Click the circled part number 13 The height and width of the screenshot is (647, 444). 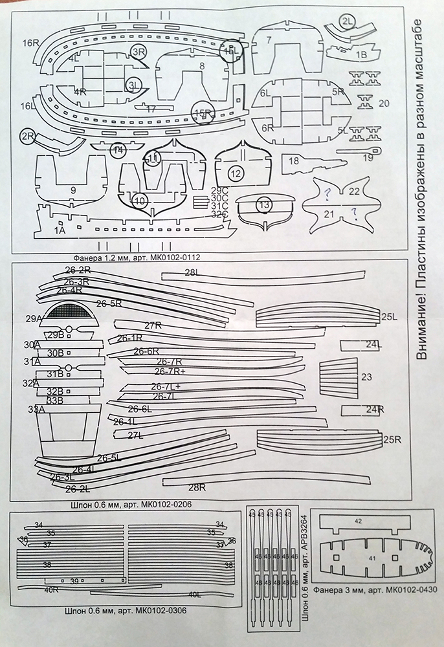(x=263, y=204)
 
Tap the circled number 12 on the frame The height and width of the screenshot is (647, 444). (x=235, y=173)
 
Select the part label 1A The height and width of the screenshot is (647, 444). (x=60, y=229)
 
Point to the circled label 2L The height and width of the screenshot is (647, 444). (x=348, y=21)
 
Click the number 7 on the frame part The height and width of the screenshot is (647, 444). (x=268, y=40)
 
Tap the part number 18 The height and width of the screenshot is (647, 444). (x=293, y=160)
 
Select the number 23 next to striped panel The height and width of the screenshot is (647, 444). (x=367, y=377)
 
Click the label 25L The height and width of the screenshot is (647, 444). (x=390, y=316)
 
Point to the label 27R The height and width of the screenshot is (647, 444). (x=153, y=325)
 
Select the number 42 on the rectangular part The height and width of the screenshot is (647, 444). (x=359, y=520)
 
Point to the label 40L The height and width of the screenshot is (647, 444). (x=195, y=593)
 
